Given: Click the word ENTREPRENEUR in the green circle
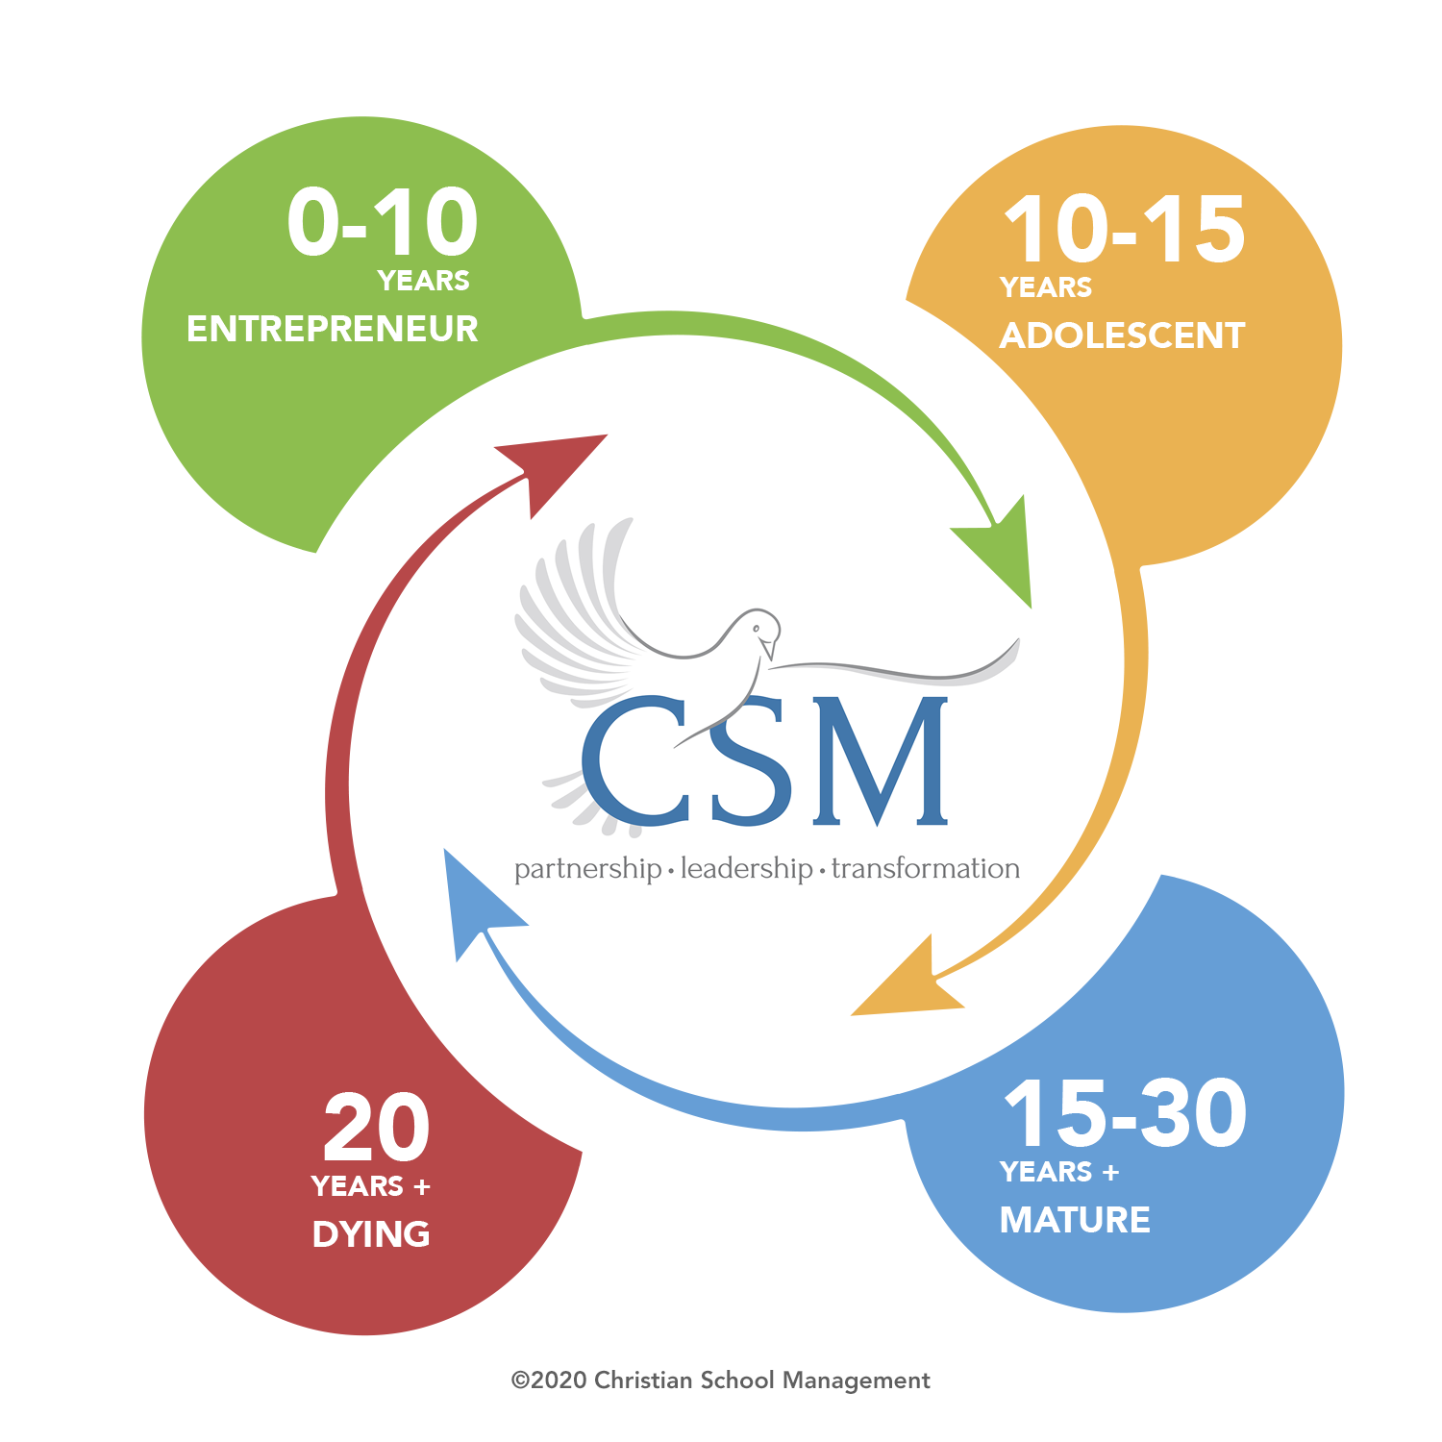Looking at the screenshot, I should coord(332,329).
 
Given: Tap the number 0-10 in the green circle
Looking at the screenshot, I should coord(382,223).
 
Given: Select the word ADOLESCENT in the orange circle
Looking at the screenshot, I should coord(1122,336).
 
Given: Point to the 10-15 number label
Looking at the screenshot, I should coord(1124,230).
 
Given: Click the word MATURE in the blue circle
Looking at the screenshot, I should coord(1075,1220).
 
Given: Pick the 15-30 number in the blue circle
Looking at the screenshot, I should coord(1125,1114).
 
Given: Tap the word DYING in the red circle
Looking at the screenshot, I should coord(371,1234).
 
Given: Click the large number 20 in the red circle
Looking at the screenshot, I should coord(376,1129).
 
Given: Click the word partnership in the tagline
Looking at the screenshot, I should coord(587,869).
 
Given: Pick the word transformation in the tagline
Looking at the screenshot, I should coord(925,869).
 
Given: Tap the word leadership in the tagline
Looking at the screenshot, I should coord(746,869).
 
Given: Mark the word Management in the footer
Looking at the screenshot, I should coord(856,1381).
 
